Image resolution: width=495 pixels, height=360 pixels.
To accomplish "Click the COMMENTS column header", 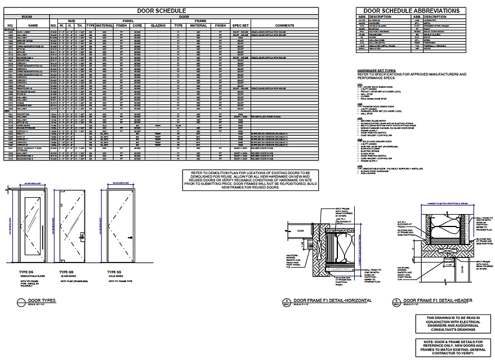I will pos(284,25).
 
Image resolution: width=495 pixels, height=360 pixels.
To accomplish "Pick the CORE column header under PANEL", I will pos(137,25).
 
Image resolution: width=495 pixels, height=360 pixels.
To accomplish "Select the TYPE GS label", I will pos(67,272).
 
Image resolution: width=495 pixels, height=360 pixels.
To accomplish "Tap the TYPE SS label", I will pos(114,272).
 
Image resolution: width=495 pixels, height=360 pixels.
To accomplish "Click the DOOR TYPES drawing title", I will pos(42,301).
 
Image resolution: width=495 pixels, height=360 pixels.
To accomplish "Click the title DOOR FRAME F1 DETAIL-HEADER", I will pos(436,301).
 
